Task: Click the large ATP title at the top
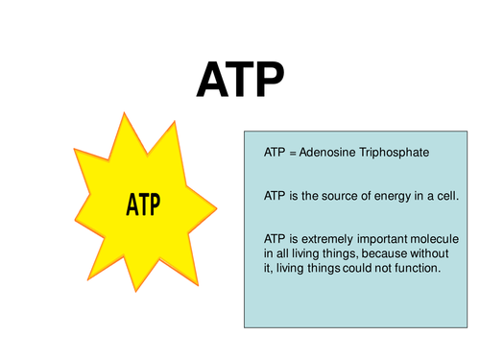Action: pos(240,80)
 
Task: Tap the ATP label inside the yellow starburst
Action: pos(142,204)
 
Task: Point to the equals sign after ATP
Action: pos(292,153)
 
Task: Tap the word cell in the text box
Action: pos(448,195)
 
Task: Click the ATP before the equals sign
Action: pos(275,153)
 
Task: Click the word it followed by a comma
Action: pos(269,268)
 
